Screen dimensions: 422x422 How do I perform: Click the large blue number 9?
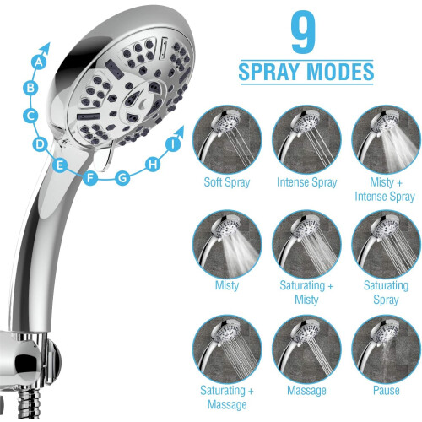303,32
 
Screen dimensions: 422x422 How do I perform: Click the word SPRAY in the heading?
268,72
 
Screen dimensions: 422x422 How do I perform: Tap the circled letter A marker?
39,62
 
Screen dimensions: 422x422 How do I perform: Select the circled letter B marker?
30,88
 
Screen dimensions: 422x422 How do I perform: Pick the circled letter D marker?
41,144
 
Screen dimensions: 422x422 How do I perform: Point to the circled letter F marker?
90,178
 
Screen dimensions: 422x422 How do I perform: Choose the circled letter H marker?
153,164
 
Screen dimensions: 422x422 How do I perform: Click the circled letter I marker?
173,144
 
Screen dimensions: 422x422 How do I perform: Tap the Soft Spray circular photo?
227,139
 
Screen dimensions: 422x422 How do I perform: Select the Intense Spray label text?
306,182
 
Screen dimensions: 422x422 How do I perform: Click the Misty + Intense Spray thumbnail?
386,139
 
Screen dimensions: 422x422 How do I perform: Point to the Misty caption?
227,286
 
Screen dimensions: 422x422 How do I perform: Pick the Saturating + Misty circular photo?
306,244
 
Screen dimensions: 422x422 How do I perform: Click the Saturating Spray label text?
386,293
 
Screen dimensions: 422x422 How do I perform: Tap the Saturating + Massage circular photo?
227,349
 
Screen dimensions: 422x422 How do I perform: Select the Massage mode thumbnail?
306,349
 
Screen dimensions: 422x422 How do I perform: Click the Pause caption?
386,391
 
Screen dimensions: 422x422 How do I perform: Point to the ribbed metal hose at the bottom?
29,404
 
